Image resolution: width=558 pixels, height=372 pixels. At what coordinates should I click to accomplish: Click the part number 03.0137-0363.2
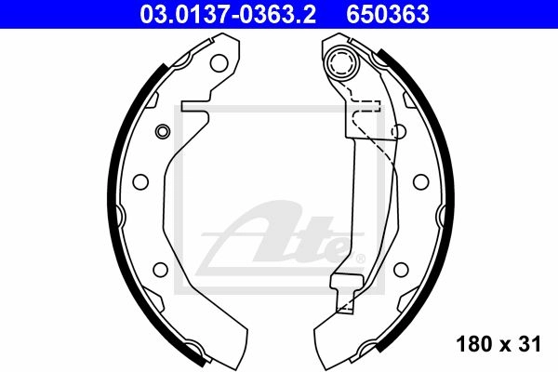228,15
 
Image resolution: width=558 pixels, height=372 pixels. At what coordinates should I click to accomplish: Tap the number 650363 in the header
388,15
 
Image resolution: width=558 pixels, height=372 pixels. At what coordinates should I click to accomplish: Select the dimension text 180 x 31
498,344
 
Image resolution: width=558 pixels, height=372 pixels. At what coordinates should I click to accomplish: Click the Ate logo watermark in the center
281,238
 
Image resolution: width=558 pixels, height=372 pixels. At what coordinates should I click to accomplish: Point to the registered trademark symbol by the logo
360,259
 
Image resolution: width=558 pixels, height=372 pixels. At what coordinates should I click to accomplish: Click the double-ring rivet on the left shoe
163,132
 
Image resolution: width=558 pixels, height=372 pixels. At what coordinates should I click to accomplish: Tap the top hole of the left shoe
219,63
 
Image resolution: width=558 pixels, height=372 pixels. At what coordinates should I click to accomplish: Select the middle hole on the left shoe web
140,182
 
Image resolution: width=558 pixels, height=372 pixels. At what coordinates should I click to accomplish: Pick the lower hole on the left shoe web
160,270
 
